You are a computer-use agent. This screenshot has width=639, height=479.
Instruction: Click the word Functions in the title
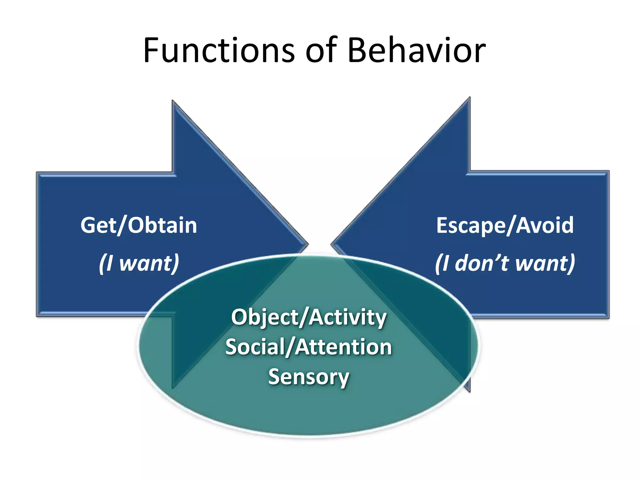[218, 51]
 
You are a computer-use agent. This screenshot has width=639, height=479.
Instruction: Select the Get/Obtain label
[139, 225]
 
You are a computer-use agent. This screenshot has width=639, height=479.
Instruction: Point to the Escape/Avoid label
[505, 225]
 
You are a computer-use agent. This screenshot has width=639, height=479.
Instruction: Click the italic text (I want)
[139, 263]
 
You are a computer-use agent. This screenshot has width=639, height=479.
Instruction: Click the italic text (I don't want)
[505, 263]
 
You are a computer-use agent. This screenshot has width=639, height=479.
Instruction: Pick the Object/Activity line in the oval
[309, 317]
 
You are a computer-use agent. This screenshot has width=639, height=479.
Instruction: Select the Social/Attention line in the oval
[309, 347]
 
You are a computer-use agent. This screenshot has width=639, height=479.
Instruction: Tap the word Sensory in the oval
[309, 377]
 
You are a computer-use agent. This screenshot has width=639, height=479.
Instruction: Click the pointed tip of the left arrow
[307, 244]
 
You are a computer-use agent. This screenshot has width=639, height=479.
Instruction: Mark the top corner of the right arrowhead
[469, 98]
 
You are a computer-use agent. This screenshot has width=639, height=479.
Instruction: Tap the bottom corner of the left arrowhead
[173, 387]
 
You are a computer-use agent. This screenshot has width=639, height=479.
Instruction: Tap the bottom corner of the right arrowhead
[469, 391]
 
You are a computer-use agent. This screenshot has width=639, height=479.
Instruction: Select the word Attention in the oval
[343, 347]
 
